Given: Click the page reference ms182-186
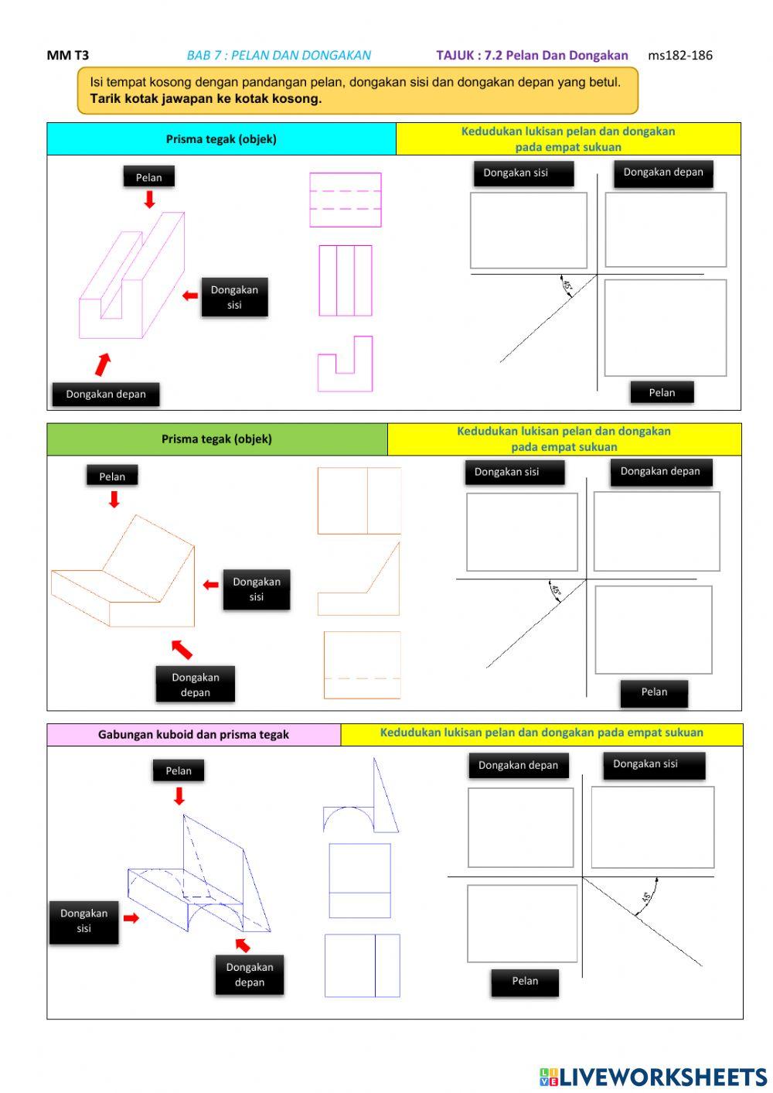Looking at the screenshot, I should coord(679,55).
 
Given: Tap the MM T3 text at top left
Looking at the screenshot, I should coord(68,55).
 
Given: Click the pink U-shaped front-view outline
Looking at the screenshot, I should coord(345,364).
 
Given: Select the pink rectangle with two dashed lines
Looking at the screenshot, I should coord(346,200).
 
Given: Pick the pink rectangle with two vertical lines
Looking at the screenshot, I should coord(346,281).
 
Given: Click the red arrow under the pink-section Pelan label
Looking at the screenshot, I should coord(149,200).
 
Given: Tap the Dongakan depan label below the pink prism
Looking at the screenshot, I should coord(106,394).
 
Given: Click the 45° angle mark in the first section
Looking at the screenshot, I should coord(567,286).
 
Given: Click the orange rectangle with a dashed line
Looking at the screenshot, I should coord(362,665).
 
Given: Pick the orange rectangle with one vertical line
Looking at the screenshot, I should coord(359,500).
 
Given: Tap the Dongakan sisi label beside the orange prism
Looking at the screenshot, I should coord(256,589).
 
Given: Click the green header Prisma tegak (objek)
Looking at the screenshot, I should coord(216,439).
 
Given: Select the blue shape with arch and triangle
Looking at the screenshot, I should coord(361,801).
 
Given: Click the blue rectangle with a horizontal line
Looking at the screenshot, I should coord(359,880).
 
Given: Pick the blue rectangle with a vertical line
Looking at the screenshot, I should coord(362,965).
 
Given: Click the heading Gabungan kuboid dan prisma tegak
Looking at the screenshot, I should coord(193,735).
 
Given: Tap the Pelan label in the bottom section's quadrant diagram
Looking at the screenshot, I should coord(525,981).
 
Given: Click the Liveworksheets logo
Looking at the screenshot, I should coord(653,1077).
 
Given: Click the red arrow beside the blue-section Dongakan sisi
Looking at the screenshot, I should coord(131,918).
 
